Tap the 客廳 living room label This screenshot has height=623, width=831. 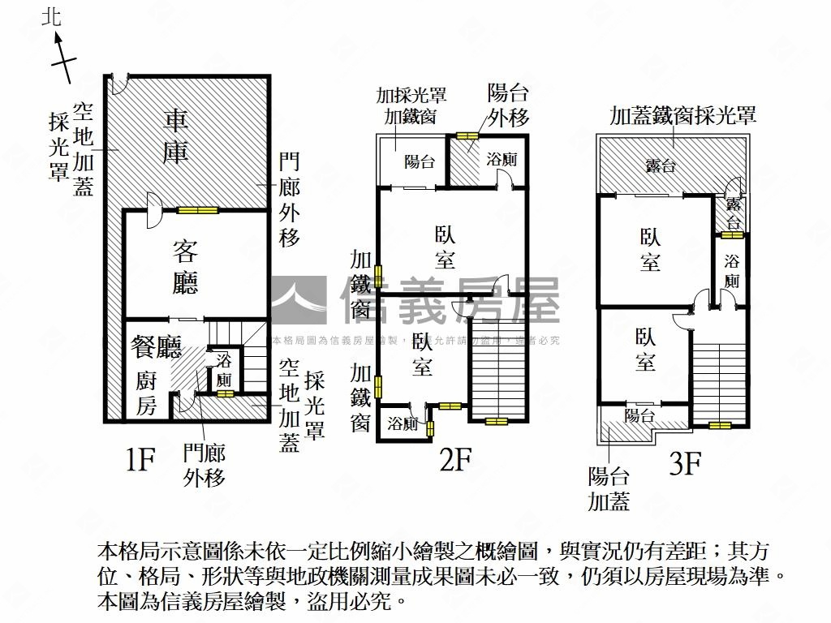coord(185,267)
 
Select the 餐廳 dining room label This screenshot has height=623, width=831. coord(156,348)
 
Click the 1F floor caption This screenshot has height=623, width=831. coord(140,460)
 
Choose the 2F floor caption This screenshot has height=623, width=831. coord(455,460)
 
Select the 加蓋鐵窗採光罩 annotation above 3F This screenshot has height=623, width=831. coord(683,115)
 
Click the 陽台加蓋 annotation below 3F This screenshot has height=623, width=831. coord(609,488)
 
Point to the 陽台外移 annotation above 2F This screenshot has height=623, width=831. coord(508,105)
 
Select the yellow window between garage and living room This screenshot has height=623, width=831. coord(198,211)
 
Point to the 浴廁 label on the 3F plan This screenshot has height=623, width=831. coord(732,272)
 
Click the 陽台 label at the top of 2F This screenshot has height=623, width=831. coord(419,161)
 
